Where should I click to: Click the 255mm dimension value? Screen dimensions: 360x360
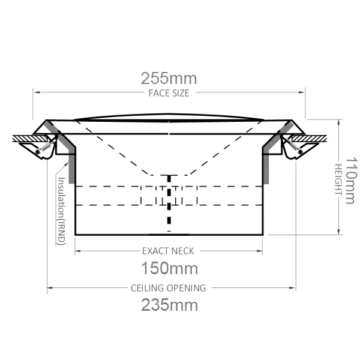pyautogui.click(x=169, y=79)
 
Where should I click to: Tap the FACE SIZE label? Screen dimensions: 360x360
pyautogui.click(x=169, y=93)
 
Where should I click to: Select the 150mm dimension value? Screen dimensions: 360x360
pyautogui.click(x=169, y=267)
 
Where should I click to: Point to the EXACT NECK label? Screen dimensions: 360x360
pyautogui.click(x=169, y=251)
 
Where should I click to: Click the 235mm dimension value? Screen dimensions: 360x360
pyautogui.click(x=169, y=304)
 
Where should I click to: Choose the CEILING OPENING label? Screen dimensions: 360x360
pyautogui.click(x=169, y=288)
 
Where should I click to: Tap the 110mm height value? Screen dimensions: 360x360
pyautogui.click(x=350, y=180)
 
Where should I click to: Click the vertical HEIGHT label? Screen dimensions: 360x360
pyautogui.click(x=337, y=180)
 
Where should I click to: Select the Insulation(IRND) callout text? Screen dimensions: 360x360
pyautogui.click(x=61, y=210)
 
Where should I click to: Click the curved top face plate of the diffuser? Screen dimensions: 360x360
pyautogui.click(x=169, y=116)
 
